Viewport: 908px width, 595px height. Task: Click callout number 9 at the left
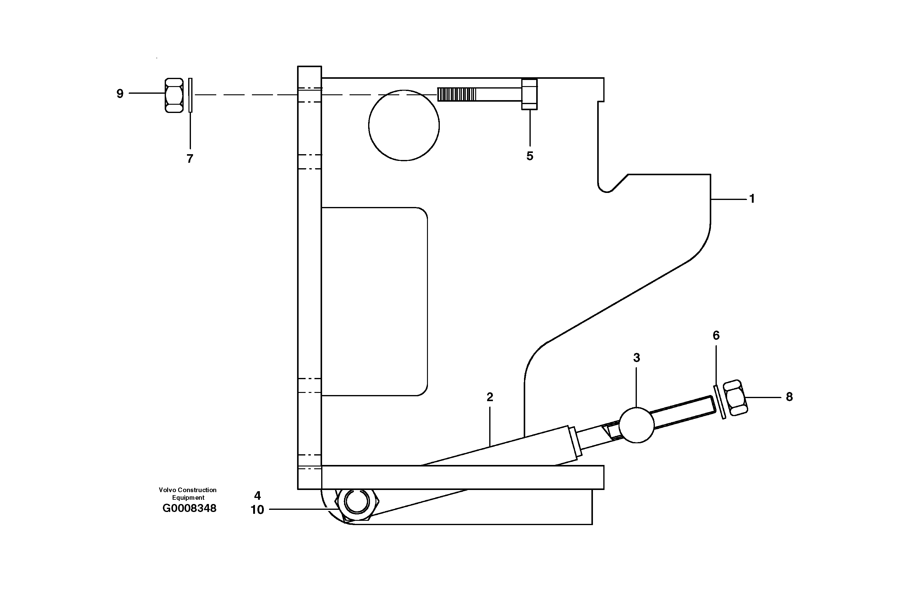click(x=120, y=93)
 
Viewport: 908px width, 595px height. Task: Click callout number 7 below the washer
click(x=190, y=158)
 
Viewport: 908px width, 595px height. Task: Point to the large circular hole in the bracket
click(x=404, y=125)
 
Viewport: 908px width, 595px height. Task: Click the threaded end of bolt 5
click(x=457, y=94)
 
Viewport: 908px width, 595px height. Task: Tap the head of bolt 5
click(x=529, y=94)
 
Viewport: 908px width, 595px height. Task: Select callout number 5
click(x=529, y=156)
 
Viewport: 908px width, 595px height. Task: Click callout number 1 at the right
click(x=752, y=199)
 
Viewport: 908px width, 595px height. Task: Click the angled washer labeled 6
click(x=719, y=402)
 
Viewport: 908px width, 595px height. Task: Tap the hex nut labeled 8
click(x=735, y=398)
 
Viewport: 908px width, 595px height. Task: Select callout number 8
click(x=789, y=397)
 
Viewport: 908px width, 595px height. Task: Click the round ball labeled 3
click(x=636, y=425)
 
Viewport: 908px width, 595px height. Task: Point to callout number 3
click(x=636, y=357)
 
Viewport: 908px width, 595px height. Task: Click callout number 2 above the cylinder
click(x=490, y=397)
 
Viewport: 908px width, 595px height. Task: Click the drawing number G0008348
click(x=189, y=508)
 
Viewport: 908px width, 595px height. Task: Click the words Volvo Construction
click(x=188, y=490)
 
